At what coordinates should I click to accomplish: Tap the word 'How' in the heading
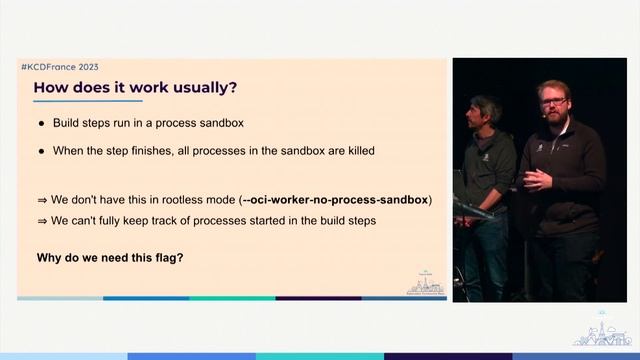point(52,87)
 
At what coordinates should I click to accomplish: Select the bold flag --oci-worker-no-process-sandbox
point(335,199)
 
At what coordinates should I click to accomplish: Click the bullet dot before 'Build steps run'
point(41,123)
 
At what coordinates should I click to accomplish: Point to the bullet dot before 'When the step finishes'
point(41,151)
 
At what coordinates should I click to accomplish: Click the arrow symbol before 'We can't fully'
point(42,220)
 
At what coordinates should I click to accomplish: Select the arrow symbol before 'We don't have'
point(42,199)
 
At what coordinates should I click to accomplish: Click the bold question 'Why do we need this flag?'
point(109,257)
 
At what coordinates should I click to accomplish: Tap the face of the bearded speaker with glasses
point(554,105)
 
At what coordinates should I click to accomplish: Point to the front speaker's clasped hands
point(537,178)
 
